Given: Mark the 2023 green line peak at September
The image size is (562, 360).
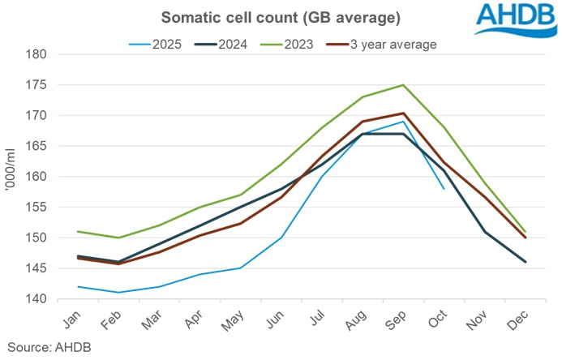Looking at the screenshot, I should [403, 84].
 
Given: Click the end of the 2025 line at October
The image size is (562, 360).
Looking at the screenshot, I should [444, 189].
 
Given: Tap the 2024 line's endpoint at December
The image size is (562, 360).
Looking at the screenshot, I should [526, 262].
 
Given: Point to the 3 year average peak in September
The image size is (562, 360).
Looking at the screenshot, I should [403, 113].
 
